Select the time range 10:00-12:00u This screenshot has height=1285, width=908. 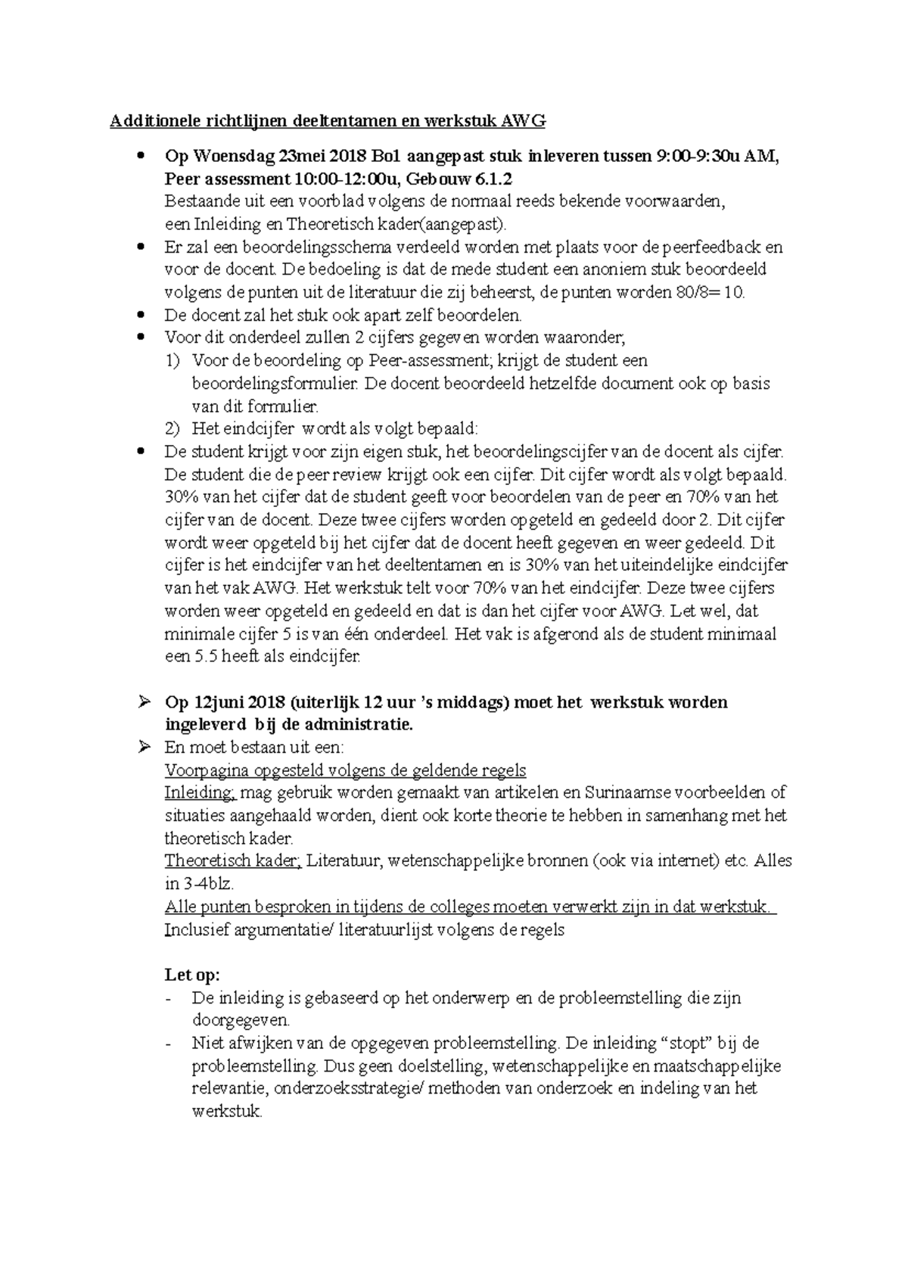point(341,179)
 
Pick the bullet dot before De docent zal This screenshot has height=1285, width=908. point(141,315)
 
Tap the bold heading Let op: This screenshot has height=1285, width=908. point(192,975)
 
